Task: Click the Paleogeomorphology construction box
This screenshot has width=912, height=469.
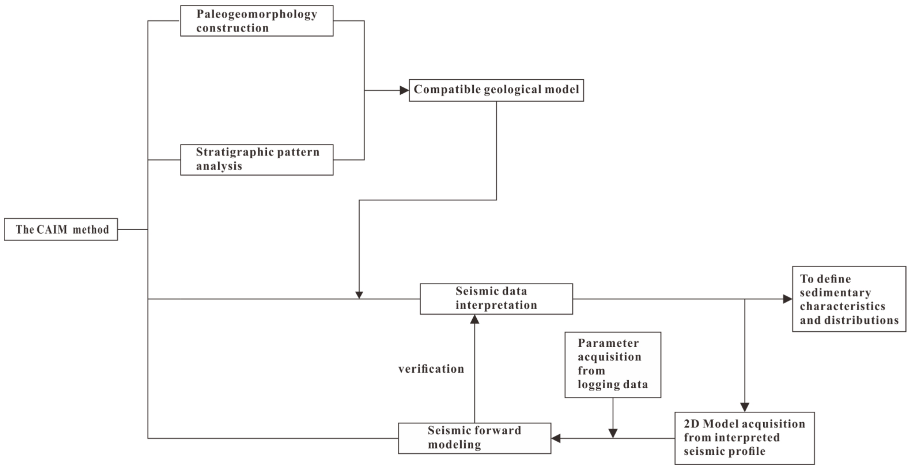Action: (256, 20)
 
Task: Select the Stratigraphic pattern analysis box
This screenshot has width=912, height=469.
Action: (256, 160)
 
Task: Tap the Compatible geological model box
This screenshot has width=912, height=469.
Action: (496, 90)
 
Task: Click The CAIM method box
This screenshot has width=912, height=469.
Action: (61, 229)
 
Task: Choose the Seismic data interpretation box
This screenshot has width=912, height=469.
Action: (496, 299)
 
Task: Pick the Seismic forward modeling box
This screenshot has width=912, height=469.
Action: (474, 438)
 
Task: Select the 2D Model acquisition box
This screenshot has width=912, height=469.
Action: (744, 438)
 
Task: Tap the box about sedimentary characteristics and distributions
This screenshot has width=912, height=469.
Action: (849, 299)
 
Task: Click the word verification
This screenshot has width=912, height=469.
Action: (431, 369)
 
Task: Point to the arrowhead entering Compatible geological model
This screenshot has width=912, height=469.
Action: (404, 90)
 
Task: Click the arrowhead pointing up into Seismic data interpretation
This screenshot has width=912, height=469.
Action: (474, 319)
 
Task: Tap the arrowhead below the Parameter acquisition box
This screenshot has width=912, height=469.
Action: (613, 433)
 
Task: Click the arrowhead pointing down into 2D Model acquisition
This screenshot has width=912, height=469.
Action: (745, 407)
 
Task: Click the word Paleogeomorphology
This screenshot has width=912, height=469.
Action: (256, 14)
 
